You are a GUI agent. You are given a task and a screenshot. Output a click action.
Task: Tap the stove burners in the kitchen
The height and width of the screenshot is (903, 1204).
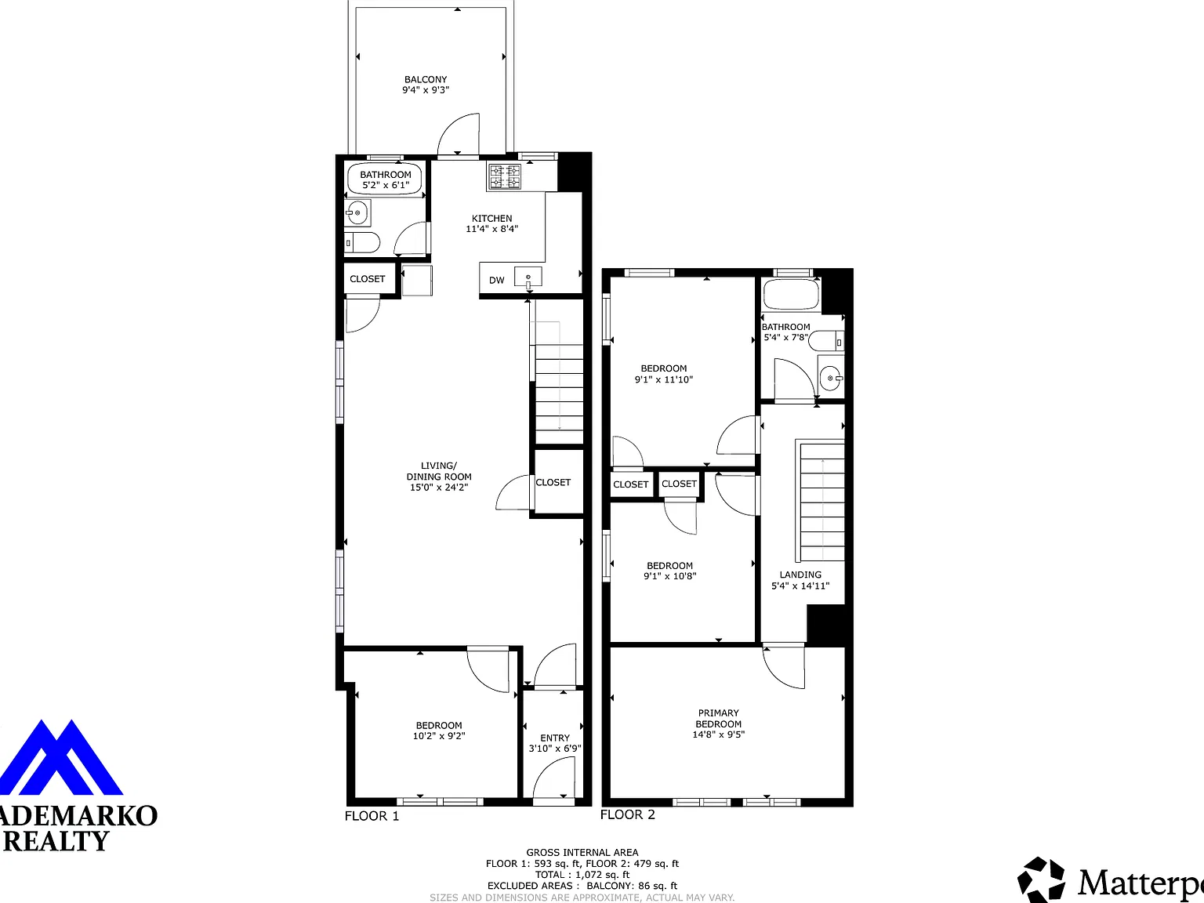[x=505, y=177]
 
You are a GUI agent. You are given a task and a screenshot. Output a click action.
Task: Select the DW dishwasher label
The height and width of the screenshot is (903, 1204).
[x=496, y=280]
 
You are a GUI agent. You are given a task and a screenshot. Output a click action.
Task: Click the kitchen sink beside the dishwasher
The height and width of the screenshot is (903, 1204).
[x=528, y=277]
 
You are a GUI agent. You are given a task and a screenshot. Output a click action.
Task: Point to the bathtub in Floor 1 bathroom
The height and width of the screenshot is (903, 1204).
[x=385, y=179]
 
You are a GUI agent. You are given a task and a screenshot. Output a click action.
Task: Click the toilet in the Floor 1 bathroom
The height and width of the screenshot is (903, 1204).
[x=362, y=242]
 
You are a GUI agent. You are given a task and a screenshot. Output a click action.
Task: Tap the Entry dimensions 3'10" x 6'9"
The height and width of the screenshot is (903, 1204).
[x=554, y=749]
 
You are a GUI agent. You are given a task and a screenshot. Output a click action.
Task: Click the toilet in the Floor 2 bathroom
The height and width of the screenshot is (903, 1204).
[x=826, y=340]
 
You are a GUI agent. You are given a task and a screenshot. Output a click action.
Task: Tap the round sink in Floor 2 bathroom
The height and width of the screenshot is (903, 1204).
[x=831, y=378]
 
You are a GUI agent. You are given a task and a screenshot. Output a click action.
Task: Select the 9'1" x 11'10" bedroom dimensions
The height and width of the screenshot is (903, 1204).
[x=664, y=379]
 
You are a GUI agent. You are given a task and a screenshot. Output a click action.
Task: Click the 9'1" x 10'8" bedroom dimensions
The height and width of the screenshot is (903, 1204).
[x=669, y=575]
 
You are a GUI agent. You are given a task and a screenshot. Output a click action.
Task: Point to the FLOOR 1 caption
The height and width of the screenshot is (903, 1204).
[x=372, y=816]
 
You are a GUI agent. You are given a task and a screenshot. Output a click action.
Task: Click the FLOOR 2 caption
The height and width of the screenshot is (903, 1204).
[x=628, y=814]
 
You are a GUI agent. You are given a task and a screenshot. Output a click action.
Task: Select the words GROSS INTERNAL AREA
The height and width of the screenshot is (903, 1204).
[x=582, y=853]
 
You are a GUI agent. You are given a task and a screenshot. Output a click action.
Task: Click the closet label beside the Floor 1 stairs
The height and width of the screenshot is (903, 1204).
[x=553, y=483]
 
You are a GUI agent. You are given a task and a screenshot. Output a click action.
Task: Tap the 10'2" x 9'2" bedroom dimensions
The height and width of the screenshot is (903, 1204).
[x=439, y=736]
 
